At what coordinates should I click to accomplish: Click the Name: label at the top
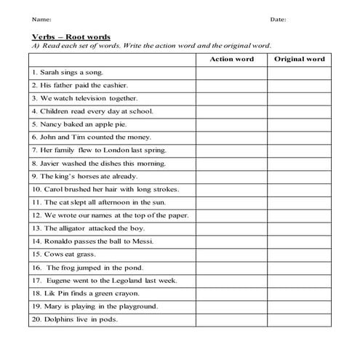coord(41,19)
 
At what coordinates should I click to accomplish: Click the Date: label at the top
coord(278,19)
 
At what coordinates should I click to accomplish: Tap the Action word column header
coord(231,59)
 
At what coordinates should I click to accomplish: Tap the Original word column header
coord(299,59)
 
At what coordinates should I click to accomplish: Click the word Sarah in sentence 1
coord(49,73)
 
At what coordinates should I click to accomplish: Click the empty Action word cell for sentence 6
coord(231,137)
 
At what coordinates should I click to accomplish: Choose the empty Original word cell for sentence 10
coord(299,189)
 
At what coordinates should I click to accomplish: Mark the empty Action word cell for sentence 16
coord(231,267)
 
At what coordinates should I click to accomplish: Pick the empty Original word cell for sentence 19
coord(299,305)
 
